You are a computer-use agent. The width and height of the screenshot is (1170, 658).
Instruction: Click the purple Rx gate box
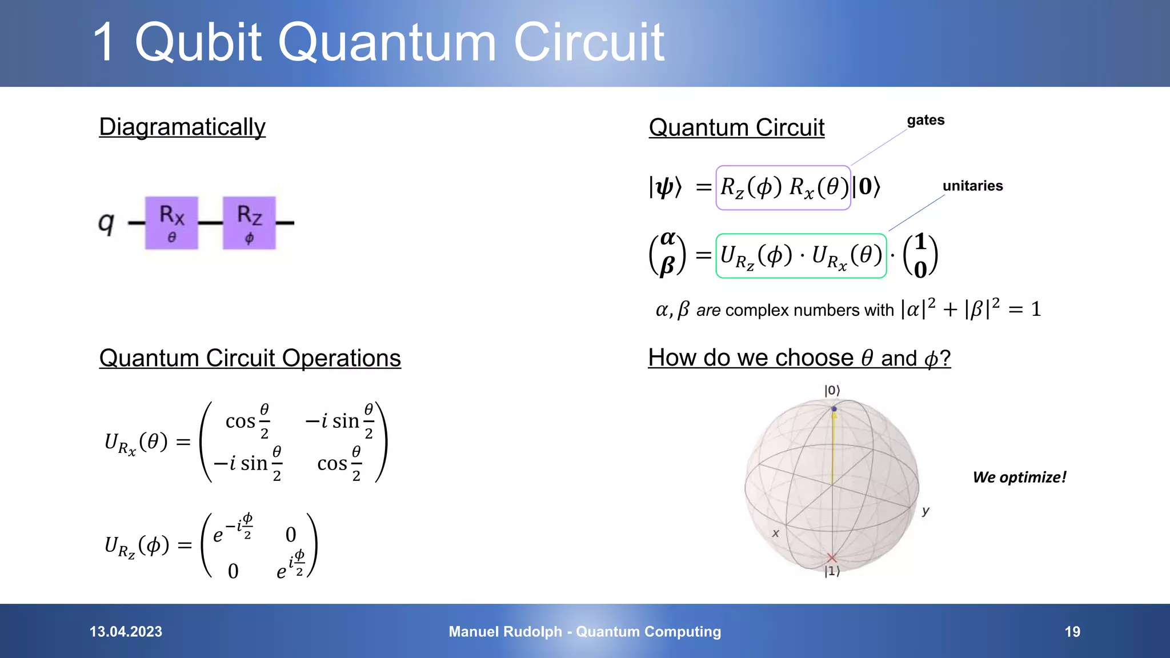pos(171,223)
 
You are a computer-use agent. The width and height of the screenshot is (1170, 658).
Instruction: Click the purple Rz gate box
pos(249,223)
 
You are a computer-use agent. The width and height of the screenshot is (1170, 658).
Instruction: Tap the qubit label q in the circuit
pos(106,222)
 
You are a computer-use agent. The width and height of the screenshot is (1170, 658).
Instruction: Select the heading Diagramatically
pos(182,127)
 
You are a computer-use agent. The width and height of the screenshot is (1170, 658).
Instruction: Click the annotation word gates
pos(925,121)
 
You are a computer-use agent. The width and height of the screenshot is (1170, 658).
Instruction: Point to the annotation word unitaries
pos(972,186)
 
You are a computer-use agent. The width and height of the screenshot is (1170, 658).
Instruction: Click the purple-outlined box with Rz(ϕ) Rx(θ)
pos(783,187)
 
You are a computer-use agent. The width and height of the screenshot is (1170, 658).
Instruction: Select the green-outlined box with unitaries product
pos(801,256)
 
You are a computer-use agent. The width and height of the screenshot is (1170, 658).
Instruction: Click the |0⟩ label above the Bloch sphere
pos(832,391)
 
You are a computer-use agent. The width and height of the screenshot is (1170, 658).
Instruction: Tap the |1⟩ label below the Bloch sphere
pos(832,571)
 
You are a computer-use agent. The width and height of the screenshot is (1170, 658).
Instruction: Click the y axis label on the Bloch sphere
pos(925,511)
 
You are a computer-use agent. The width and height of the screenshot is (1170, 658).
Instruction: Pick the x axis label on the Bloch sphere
pos(775,533)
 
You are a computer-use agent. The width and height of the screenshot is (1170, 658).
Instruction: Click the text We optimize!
pos(1019,478)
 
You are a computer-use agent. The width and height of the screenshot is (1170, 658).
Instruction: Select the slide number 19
pos(1072,632)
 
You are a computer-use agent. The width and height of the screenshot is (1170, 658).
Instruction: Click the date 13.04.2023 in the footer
pos(126,632)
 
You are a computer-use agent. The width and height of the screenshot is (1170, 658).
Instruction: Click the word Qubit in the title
pos(198,42)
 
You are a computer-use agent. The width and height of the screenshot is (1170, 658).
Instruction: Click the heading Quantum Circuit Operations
pos(250,358)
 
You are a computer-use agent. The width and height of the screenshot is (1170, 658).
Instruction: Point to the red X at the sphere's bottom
pos(832,558)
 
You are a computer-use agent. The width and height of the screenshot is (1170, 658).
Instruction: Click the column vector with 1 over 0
pos(920,255)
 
